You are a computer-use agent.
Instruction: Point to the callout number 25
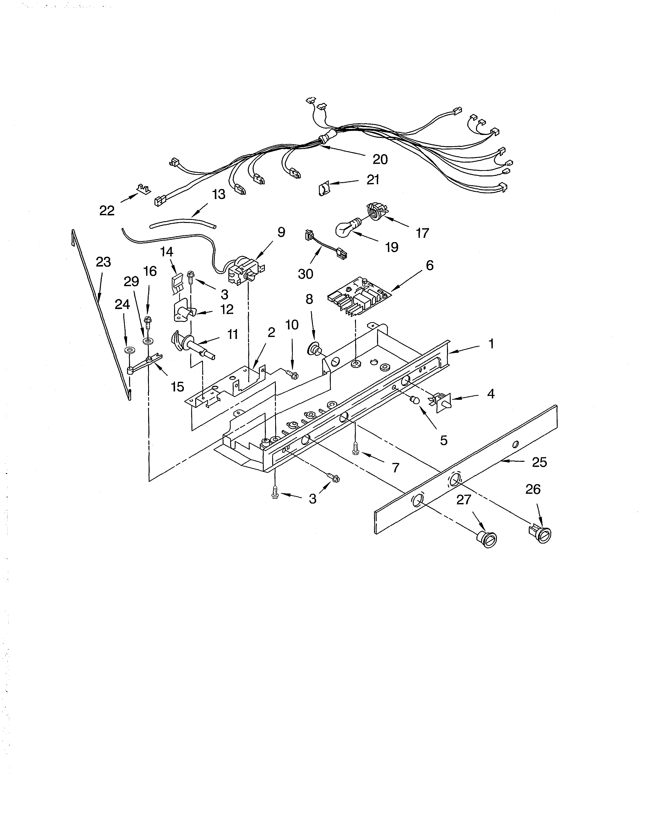coord(539,462)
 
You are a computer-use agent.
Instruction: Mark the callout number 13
coord(219,194)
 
